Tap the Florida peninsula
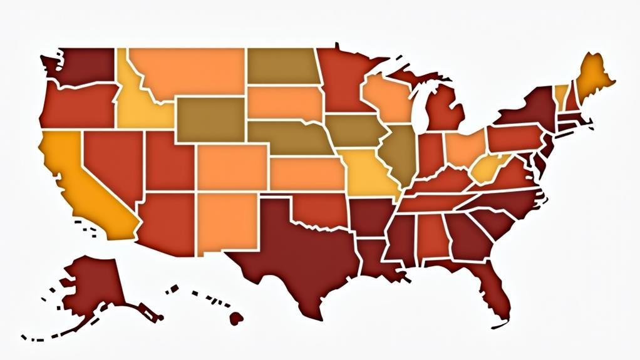[x=495, y=294]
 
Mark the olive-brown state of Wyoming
[x=210, y=119]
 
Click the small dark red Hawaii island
[x=236, y=318]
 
